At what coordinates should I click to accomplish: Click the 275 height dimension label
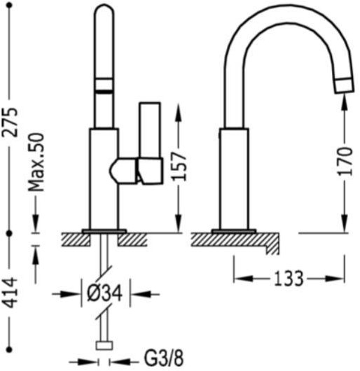10,122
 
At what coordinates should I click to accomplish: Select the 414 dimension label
10,293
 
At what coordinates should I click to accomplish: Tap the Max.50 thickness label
36,162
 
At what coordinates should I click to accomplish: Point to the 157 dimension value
179,165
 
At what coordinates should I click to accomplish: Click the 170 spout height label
345,162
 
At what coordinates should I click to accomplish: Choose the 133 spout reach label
289,279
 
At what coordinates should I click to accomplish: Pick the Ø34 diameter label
104,293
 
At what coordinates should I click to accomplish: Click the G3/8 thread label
164,360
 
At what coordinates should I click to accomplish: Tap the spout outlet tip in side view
345,85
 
